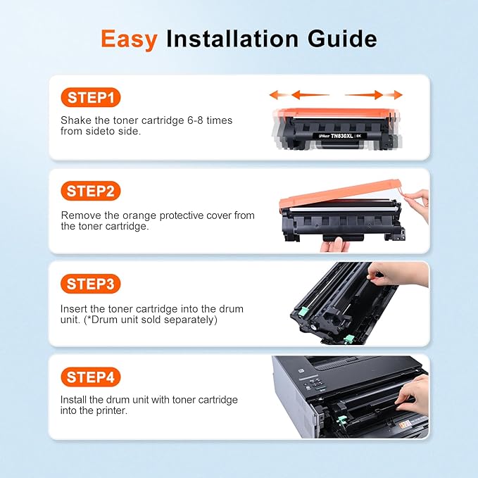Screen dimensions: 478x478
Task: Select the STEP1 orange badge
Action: click(90, 97)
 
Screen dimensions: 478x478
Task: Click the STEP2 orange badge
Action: click(90, 191)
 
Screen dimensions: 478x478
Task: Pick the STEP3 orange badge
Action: click(90, 284)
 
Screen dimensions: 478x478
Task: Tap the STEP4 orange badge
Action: click(90, 377)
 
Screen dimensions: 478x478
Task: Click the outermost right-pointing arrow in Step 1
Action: click(398, 94)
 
